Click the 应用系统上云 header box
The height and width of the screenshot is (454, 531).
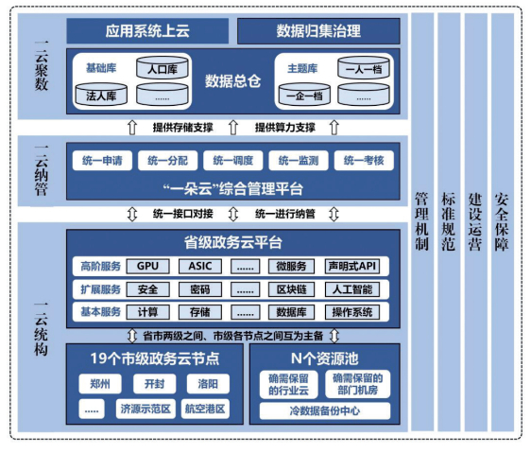point(146,31)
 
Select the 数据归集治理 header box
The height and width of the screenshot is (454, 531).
point(318,31)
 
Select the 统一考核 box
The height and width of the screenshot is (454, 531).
point(364,161)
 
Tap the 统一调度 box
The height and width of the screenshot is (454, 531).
point(231,161)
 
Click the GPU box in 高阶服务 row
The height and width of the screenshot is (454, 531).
point(147,266)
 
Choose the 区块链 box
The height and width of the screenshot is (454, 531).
point(290,289)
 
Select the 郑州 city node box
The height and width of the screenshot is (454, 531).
point(99,385)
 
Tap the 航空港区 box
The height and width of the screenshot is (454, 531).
point(204,410)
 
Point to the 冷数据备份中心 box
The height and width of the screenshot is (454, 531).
point(325,411)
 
